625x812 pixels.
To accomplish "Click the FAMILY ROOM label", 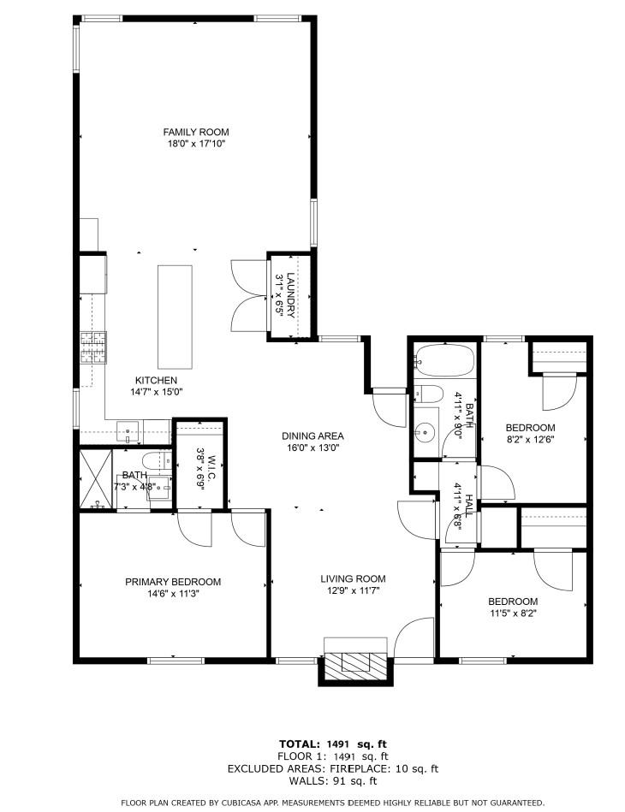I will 196,132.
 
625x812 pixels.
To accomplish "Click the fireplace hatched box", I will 355,662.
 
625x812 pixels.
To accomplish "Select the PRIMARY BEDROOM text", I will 173,582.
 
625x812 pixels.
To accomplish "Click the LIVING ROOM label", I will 353,578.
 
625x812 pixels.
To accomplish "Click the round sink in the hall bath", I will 426,433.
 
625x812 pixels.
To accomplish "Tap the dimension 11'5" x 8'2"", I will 513,613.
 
